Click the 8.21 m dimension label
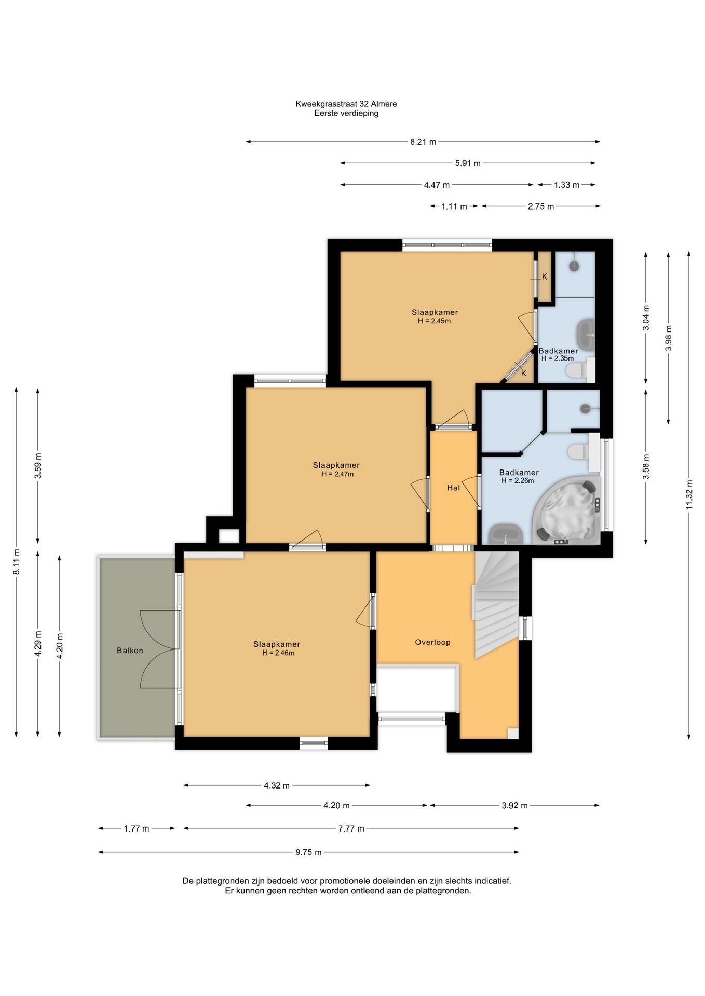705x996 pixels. (x=423, y=142)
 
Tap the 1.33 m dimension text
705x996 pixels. (x=566, y=185)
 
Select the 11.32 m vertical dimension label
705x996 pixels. (x=689, y=495)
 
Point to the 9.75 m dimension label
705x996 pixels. (x=309, y=852)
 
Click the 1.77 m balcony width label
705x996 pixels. (x=137, y=828)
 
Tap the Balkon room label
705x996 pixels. (x=130, y=651)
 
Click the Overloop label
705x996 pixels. (x=432, y=642)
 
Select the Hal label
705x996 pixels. (x=453, y=488)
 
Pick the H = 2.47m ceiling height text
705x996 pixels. (x=337, y=474)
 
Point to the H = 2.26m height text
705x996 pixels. (x=518, y=481)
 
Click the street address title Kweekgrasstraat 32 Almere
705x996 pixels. (x=346, y=104)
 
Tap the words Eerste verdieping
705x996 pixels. (x=346, y=113)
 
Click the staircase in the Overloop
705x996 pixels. (x=497, y=605)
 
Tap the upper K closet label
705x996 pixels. (x=545, y=276)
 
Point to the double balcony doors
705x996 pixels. (x=159, y=649)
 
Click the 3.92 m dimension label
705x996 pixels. (x=514, y=805)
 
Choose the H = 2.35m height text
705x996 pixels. (x=558, y=358)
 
